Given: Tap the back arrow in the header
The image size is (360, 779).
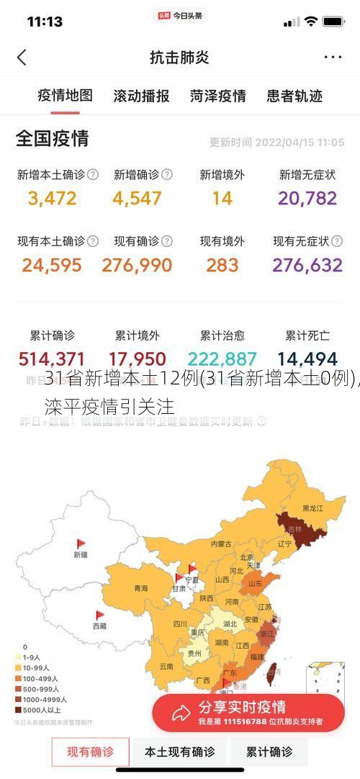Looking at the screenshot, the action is [22, 58].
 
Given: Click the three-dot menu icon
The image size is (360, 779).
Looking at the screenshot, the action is [333, 58].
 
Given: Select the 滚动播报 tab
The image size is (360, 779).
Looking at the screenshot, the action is [141, 96].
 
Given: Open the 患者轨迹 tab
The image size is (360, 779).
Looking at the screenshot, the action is [294, 96].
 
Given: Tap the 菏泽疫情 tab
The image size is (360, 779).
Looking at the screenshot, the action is [218, 96].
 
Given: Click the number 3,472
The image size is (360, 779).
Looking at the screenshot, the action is [52, 198].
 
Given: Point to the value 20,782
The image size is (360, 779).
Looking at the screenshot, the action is [307, 198].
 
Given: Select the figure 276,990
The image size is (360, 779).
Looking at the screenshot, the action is [137, 265].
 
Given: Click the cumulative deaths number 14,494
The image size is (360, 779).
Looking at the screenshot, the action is [307, 359].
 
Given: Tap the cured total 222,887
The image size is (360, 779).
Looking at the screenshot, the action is [222, 359].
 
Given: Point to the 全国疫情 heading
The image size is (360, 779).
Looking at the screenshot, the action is [53, 138].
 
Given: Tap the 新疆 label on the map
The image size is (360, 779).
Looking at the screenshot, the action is [80, 554].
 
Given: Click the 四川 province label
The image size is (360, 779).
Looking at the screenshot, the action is [180, 624].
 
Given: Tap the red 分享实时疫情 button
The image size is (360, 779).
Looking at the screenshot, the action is [248, 712].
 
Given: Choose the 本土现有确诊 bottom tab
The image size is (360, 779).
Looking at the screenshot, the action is [179, 752].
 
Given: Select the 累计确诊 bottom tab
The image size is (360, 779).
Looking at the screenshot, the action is [269, 752].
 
